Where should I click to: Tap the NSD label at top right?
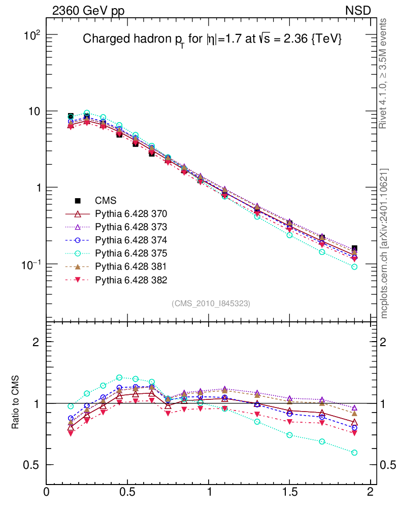pyautogui.click(x=358, y=11)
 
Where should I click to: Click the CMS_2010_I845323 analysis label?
pyautogui.click(x=211, y=303)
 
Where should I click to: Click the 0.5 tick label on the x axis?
pyautogui.click(x=127, y=492)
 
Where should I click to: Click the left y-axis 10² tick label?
pyautogui.click(x=31, y=35)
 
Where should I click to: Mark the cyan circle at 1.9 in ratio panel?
pyautogui.click(x=354, y=453)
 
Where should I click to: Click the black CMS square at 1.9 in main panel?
pyautogui.click(x=354, y=248)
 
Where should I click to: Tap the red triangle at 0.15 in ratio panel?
pyautogui.click(x=71, y=433)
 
